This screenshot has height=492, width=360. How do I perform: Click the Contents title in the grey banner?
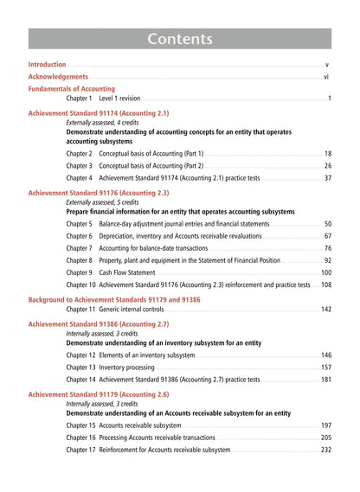[180, 39]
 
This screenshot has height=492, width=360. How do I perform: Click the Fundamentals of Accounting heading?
[71, 88]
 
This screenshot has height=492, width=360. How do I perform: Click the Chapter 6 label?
[79, 236]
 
